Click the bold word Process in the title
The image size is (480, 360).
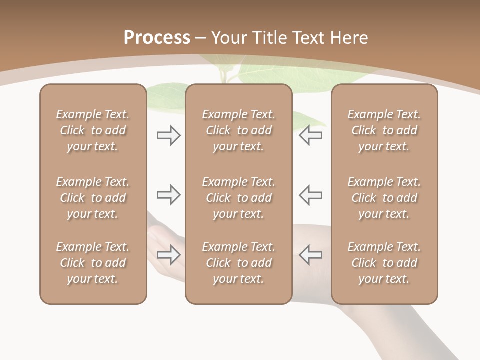coord(157,37)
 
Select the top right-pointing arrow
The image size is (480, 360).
coord(168,135)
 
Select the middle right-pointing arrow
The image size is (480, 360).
coord(168,195)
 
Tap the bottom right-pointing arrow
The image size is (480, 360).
coord(168,255)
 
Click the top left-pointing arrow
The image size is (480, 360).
coord(310,135)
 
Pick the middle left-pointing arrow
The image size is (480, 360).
coord(310,195)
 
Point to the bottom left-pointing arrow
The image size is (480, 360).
coord(310,255)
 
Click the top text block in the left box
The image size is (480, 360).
coord(93,130)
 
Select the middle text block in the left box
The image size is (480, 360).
coord(93,198)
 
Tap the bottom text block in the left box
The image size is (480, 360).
coord(93,263)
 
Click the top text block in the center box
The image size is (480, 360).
coord(238,130)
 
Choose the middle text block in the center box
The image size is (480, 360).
coord(238,198)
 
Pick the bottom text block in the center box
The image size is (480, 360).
coord(238,263)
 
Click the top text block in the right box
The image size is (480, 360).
coord(384,130)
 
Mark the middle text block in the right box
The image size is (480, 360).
coord(384,198)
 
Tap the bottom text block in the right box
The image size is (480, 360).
coord(384,263)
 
